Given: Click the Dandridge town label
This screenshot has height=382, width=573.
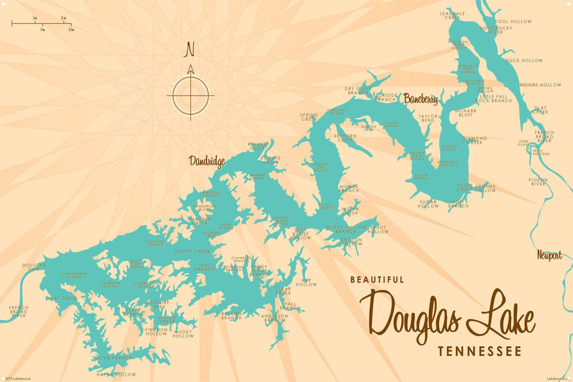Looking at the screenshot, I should [x=207, y=161].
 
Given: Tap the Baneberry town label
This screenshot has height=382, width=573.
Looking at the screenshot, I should [x=420, y=98].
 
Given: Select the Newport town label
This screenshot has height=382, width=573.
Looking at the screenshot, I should [x=549, y=255].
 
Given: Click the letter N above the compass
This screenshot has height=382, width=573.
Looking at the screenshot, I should [x=189, y=50].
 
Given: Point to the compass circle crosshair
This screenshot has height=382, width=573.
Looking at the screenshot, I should [x=191, y=96].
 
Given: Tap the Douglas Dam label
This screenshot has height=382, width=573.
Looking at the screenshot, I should [x=34, y=267].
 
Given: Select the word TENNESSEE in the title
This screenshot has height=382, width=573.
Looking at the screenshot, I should [x=480, y=351].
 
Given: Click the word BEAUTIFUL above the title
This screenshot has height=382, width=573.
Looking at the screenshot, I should [x=377, y=280].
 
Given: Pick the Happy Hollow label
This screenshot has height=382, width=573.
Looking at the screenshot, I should [x=116, y=374].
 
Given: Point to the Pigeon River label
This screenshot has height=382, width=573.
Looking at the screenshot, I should [x=538, y=182].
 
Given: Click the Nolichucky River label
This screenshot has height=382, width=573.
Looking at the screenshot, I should [x=496, y=30].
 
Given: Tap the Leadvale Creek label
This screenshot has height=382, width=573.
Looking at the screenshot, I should [x=452, y=16].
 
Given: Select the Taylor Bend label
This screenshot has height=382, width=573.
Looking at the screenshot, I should [x=428, y=118].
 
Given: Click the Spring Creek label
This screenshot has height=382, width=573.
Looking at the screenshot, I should [x=309, y=117].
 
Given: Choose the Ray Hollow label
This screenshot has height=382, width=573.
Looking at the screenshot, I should [x=306, y=282].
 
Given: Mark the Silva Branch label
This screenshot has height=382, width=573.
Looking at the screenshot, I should [x=114, y=358].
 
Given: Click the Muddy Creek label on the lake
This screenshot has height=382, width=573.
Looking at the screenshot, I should [x=192, y=251].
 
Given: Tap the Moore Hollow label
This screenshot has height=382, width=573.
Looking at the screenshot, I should [x=540, y=85].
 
